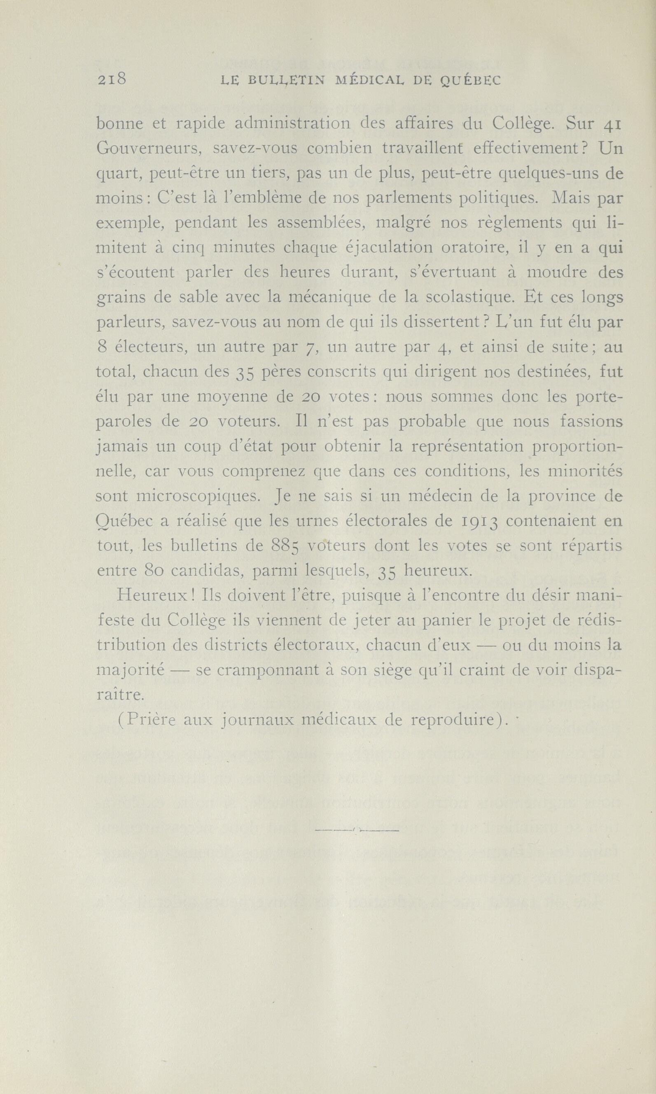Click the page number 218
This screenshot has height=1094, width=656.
(x=112, y=79)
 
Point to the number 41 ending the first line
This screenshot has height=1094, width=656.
(x=612, y=125)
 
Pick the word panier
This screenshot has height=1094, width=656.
(x=444, y=621)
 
